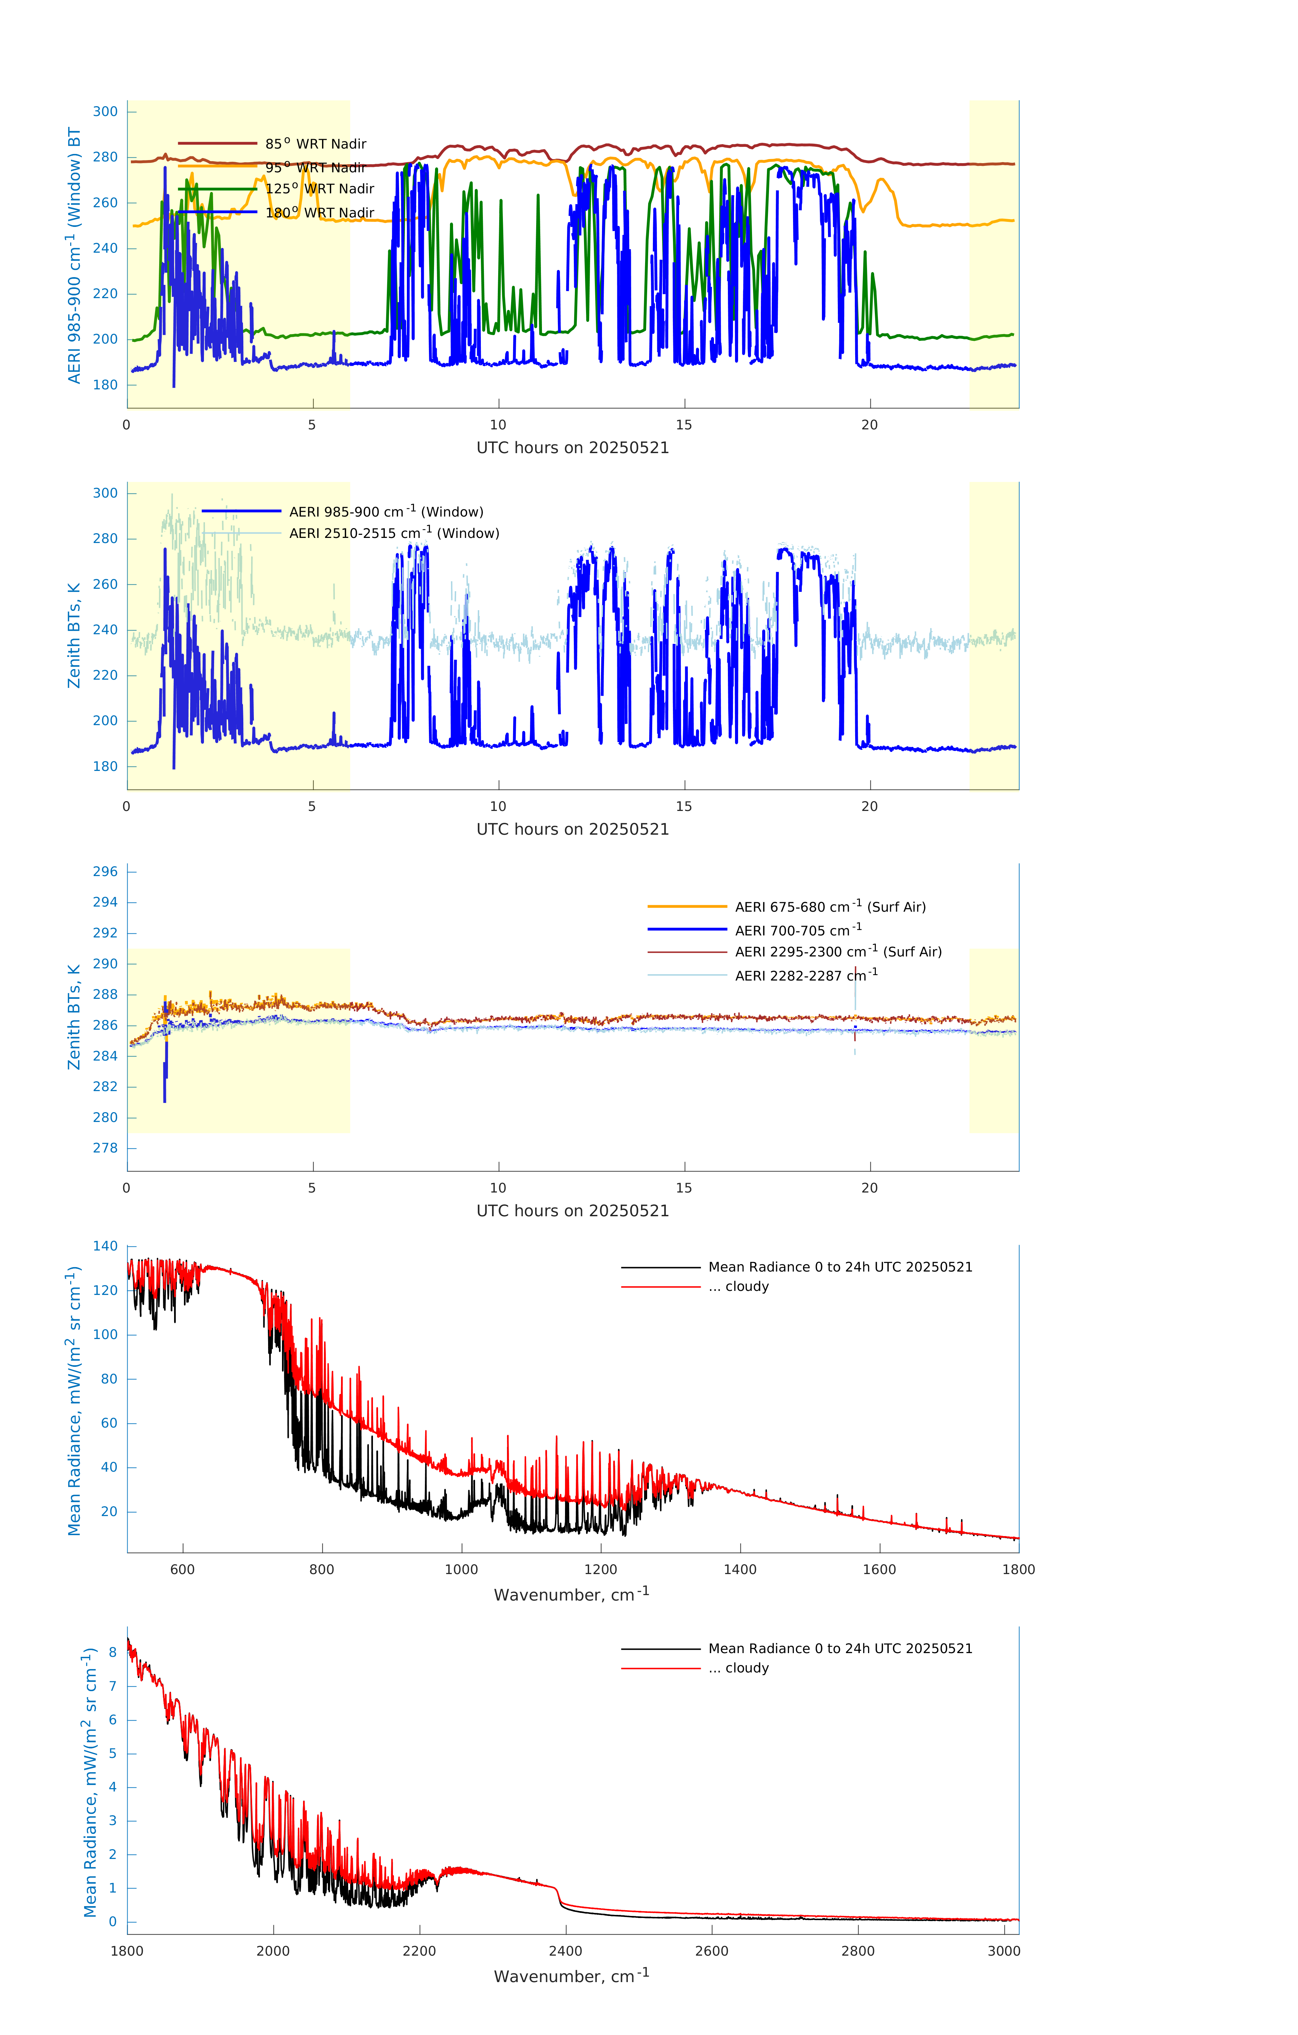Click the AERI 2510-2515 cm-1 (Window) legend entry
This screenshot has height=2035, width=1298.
(394, 533)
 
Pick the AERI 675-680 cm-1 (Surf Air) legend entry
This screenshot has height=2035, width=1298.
(830, 907)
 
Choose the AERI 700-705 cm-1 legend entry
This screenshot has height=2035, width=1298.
(797, 930)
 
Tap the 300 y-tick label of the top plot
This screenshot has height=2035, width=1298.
(106, 112)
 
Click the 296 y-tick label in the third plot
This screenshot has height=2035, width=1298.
(106, 871)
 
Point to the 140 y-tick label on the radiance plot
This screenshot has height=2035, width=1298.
(106, 1246)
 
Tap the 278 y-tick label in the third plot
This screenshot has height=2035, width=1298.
(106, 1148)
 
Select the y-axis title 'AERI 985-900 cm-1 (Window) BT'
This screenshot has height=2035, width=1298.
(74, 255)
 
